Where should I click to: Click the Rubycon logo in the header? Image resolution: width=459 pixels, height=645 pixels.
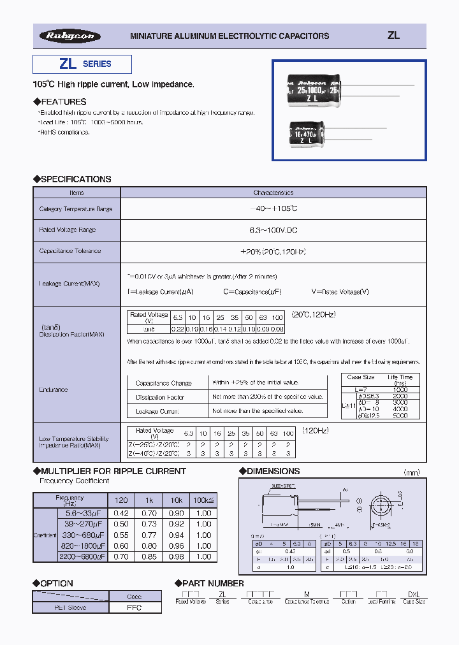(70, 36)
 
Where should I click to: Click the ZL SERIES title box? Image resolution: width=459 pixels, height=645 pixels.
(82, 64)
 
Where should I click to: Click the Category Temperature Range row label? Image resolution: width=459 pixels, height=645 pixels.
(76, 209)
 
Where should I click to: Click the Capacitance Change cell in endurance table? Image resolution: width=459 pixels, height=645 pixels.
(164, 383)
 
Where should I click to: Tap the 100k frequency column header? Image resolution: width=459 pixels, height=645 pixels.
(203, 500)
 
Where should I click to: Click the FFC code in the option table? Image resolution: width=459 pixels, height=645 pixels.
(135, 607)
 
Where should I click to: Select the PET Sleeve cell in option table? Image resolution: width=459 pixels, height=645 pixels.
(71, 607)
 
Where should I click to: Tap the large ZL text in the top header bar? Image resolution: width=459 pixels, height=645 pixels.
(393, 36)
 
